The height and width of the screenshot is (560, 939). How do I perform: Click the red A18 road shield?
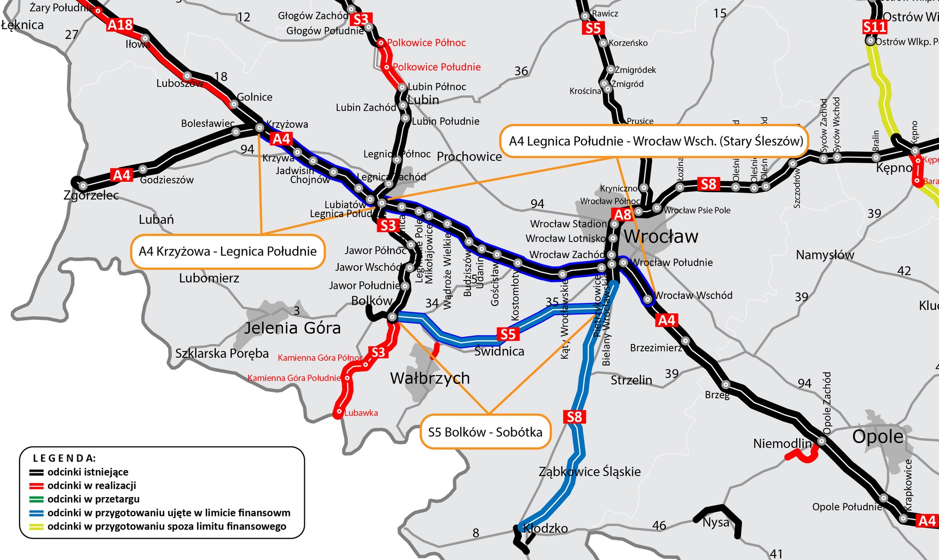120,24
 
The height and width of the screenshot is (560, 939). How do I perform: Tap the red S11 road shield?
875,26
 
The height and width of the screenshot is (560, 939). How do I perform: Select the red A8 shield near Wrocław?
622,215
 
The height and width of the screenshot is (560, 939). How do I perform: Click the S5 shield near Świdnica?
507,334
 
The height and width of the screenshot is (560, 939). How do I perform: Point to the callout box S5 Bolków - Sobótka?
484,432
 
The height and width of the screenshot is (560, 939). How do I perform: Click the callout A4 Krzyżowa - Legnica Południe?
227,251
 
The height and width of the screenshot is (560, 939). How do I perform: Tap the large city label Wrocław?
661,236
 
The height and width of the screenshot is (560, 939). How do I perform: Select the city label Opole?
878,436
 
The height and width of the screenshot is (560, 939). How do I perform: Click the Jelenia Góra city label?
292,328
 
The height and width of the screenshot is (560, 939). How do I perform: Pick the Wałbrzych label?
430,378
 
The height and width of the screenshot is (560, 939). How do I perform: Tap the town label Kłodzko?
545,528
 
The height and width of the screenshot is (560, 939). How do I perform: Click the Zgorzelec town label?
91,195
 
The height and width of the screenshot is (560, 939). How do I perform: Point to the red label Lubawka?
361,413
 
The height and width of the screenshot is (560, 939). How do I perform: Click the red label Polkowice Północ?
426,43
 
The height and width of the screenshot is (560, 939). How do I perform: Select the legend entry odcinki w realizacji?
91,485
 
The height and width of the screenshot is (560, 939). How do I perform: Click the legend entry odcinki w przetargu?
93,499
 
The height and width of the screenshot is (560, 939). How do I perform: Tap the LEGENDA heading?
64,458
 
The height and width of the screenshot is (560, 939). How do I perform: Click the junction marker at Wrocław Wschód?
647,299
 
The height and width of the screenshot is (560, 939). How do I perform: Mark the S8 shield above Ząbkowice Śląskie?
574,416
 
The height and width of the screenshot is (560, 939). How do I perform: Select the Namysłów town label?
825,255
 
